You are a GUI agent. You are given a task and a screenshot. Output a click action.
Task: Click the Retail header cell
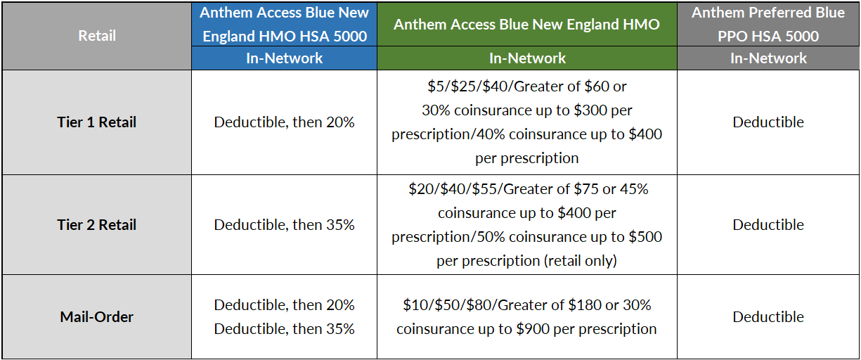pyautogui.click(x=97, y=35)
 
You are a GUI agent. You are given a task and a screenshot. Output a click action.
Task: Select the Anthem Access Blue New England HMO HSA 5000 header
pyautogui.click(x=285, y=24)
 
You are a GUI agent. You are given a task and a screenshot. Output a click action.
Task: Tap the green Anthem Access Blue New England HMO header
pyautogui.click(x=526, y=24)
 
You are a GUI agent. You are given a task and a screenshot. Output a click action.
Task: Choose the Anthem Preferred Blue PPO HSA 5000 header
pyautogui.click(x=768, y=24)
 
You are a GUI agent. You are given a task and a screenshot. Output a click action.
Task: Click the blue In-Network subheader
pyautogui.click(x=285, y=58)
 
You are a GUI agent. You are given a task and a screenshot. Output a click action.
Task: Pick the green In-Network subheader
pyautogui.click(x=526, y=58)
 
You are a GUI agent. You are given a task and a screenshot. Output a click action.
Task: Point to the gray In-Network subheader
pyautogui.click(x=768, y=58)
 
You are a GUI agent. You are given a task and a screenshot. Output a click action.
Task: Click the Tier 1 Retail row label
pyautogui.click(x=97, y=122)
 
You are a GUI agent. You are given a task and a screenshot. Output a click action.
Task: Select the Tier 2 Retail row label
pyautogui.click(x=97, y=225)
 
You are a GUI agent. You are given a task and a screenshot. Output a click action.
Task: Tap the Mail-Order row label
pyautogui.click(x=97, y=317)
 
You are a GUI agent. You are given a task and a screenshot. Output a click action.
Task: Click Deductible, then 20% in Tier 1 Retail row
pyautogui.click(x=285, y=122)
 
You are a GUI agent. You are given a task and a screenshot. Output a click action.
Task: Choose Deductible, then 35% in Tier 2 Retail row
pyautogui.click(x=285, y=225)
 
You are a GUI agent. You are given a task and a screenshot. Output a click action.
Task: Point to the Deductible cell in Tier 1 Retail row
pyautogui.click(x=768, y=122)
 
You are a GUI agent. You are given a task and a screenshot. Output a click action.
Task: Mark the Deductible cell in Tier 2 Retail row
pyautogui.click(x=768, y=225)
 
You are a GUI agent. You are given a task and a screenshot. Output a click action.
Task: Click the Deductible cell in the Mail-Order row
pyautogui.click(x=768, y=317)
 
